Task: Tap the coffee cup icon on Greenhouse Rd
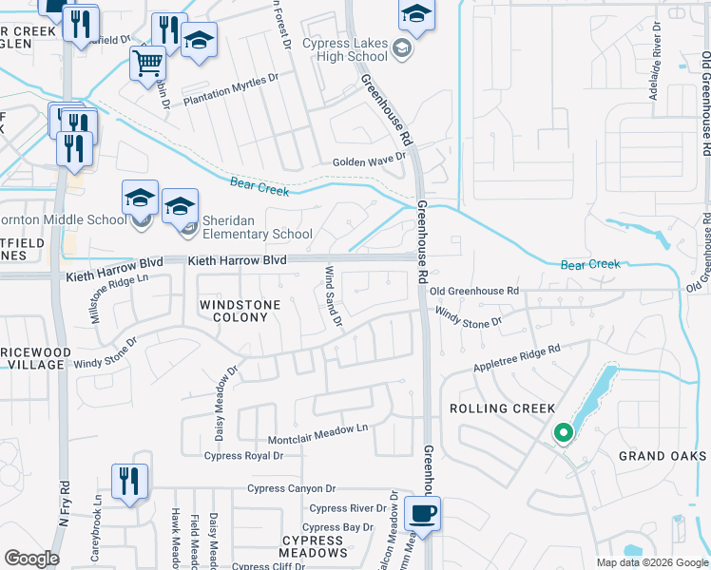[x=422, y=514]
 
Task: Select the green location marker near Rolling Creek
[x=563, y=434]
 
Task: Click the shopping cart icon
[x=147, y=64]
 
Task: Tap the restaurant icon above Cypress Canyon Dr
[x=126, y=481]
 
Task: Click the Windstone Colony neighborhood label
[x=233, y=311]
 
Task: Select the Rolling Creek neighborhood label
[x=502, y=408]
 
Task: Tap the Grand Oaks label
[x=656, y=456]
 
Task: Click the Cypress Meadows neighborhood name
[x=313, y=546]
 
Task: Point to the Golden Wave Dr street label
[x=369, y=162]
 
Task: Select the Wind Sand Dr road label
[x=333, y=297]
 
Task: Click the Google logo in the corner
[x=31, y=559]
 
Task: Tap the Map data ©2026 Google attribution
[x=651, y=562]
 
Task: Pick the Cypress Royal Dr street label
[x=244, y=456]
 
